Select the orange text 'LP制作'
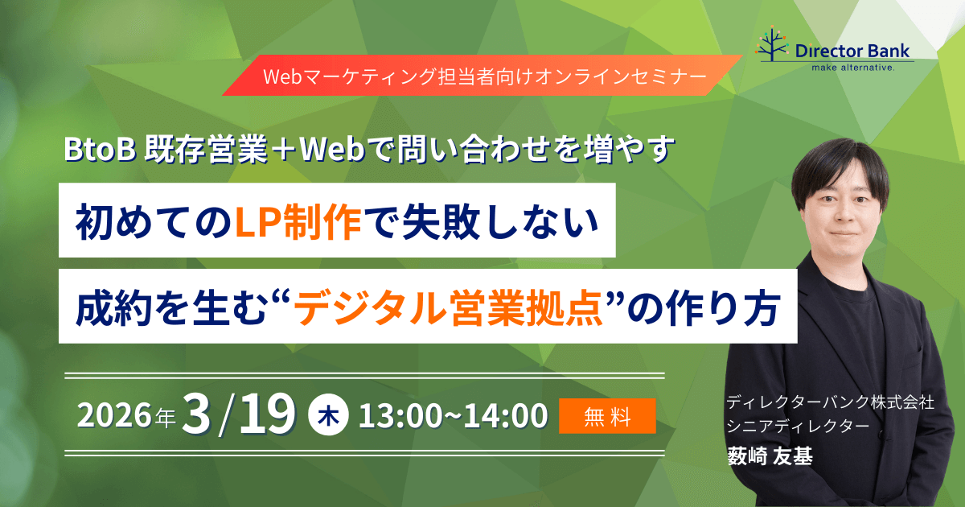[x=298, y=220]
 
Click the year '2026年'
[x=125, y=416]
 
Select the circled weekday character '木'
[x=329, y=416]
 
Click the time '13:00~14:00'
[x=453, y=416]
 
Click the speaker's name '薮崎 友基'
[x=770, y=456]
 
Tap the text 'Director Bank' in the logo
[x=852, y=51]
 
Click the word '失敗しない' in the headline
[x=482, y=220]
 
